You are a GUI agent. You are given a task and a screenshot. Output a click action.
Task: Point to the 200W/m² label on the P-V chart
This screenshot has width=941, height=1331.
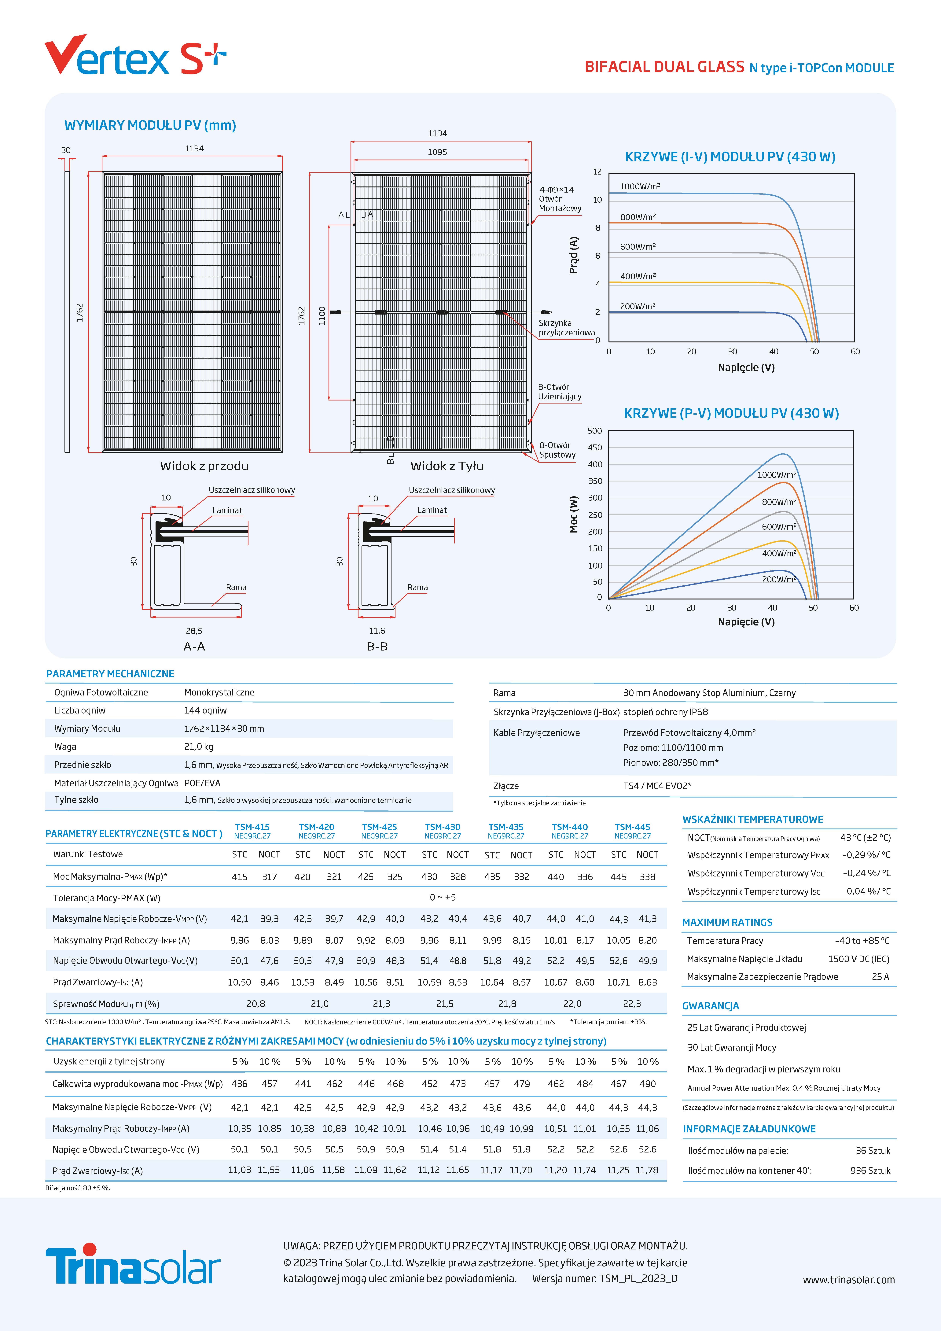click(x=779, y=579)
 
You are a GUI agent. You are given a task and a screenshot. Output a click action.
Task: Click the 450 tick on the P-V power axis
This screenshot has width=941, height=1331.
click(x=595, y=448)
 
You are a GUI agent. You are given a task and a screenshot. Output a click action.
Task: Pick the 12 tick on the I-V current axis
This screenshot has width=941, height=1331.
click(x=597, y=172)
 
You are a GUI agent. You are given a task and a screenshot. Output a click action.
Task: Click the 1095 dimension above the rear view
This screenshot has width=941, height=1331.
click(x=437, y=152)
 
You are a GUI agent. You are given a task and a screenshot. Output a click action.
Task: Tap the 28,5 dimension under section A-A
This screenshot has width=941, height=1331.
click(x=194, y=631)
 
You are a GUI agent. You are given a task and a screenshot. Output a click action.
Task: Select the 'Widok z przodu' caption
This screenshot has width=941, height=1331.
click(x=204, y=466)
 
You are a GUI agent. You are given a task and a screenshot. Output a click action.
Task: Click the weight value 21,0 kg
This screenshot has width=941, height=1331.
click(x=199, y=747)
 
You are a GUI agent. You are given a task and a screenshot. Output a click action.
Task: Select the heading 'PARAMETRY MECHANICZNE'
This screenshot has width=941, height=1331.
click(x=110, y=674)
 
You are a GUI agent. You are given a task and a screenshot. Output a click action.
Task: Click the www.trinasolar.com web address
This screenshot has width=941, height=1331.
click(x=848, y=1279)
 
